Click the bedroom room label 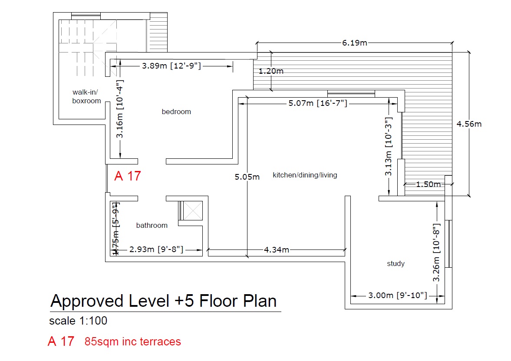pos(176,112)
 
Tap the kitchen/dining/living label pos(305,175)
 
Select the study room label pos(396,263)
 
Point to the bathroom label pos(152,225)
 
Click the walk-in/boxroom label pos(86,96)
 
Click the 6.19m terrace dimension pos(355,43)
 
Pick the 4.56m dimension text pos(469,124)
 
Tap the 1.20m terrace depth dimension pos(271,71)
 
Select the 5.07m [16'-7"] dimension pos(318,103)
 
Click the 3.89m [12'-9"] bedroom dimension pos(171,66)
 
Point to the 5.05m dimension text pos(247,177)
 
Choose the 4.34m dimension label pos(277,249)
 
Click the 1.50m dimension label pos(428,184)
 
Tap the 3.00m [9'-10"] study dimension pos(398,295)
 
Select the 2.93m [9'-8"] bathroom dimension pos(156,249)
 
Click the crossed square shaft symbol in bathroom pos(193,210)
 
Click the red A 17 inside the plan pos(127,176)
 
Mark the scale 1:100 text pos(78,321)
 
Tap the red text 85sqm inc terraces pos(133,341)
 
